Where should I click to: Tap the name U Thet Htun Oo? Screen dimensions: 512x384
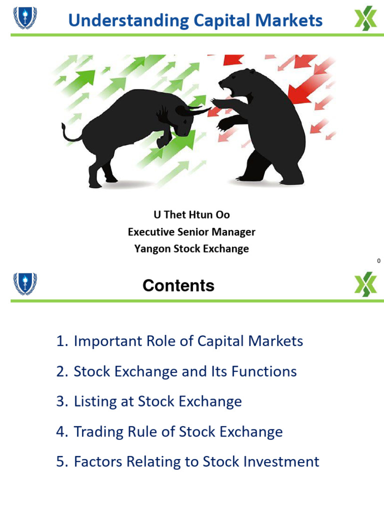click(191, 215)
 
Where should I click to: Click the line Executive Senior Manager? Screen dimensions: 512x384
click(191, 232)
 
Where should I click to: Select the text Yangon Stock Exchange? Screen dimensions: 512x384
click(191, 249)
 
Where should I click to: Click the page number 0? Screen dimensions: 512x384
click(378, 261)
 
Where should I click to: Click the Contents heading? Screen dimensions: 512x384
click(178, 285)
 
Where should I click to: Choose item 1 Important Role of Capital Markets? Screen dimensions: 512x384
click(180, 341)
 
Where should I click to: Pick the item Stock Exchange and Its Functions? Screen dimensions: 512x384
click(176, 371)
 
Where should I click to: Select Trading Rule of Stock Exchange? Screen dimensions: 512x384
click(169, 431)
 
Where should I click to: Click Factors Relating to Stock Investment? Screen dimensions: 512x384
click(187, 461)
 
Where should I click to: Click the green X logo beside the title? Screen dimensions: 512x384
click(365, 19)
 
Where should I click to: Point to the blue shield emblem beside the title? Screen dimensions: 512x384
click(25, 17)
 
